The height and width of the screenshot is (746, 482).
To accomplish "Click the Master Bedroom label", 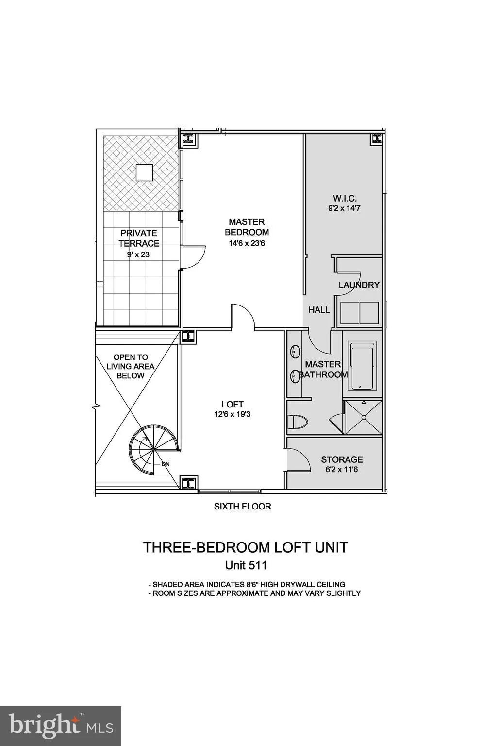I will pos(247,227).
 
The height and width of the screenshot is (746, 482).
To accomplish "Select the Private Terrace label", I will pos(139,238).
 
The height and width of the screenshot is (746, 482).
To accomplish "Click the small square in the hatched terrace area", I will pos(144,172).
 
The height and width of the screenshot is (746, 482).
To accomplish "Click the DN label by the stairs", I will pos(166,464).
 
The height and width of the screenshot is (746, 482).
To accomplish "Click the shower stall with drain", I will pos(363,417).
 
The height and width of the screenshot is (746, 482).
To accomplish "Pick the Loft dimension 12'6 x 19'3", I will pos(233,414).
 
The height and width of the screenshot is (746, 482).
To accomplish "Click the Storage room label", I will pos(342,459).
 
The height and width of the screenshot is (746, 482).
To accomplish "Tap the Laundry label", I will pos(359,285).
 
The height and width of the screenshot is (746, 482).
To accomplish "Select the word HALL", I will pos(319,310).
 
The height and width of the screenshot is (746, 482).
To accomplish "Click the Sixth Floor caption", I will pos(242,507).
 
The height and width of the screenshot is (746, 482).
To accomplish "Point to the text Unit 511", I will pos(246,565).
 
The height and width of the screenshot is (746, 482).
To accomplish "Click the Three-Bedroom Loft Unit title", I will pos(245,547).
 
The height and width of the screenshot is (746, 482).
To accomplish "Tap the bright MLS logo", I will pos(61,726).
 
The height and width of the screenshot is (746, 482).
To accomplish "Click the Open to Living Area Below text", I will pos(131,366).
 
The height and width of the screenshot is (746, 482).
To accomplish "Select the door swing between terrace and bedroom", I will pos(194,255).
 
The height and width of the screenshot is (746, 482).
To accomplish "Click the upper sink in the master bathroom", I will pos(295,352).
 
